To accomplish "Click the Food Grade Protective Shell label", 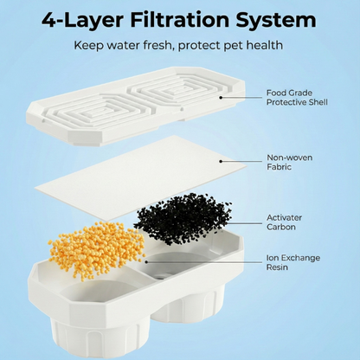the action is tap(297, 98).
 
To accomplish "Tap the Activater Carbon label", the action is tap(284, 222).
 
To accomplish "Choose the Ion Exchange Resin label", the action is tap(293, 262).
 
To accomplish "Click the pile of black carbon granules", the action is tap(184, 218).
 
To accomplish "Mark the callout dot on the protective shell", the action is tap(221, 98).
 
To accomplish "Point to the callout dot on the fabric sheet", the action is tap(221, 161).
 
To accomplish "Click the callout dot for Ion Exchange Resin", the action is tap(146, 262).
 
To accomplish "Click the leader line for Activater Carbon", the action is tap(244, 223).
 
